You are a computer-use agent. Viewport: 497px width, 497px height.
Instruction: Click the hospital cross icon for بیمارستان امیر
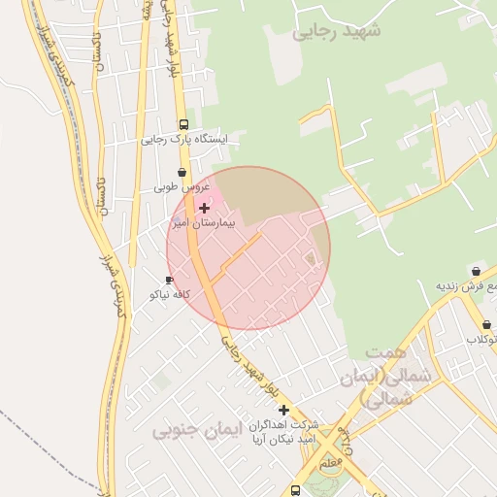[x=204, y=208]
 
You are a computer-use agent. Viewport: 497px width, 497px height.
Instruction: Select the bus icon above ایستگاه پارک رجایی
[x=183, y=124]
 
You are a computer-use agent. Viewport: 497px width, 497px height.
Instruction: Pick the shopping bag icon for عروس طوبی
[x=182, y=172]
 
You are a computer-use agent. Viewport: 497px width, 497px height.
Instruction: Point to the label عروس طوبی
[x=182, y=186]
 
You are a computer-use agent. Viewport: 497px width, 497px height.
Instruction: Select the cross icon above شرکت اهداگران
[x=283, y=410]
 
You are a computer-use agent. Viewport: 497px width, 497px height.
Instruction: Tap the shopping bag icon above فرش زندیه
[x=476, y=271]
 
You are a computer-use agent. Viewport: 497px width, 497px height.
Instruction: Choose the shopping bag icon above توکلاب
[x=485, y=325]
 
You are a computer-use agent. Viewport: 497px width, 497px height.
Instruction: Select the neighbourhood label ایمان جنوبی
[x=188, y=428]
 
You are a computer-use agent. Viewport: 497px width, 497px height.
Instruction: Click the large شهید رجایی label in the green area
[x=337, y=31]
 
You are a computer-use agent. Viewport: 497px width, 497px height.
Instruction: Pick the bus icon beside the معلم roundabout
[x=295, y=491]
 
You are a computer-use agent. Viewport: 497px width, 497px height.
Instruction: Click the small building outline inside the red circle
[x=311, y=258]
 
